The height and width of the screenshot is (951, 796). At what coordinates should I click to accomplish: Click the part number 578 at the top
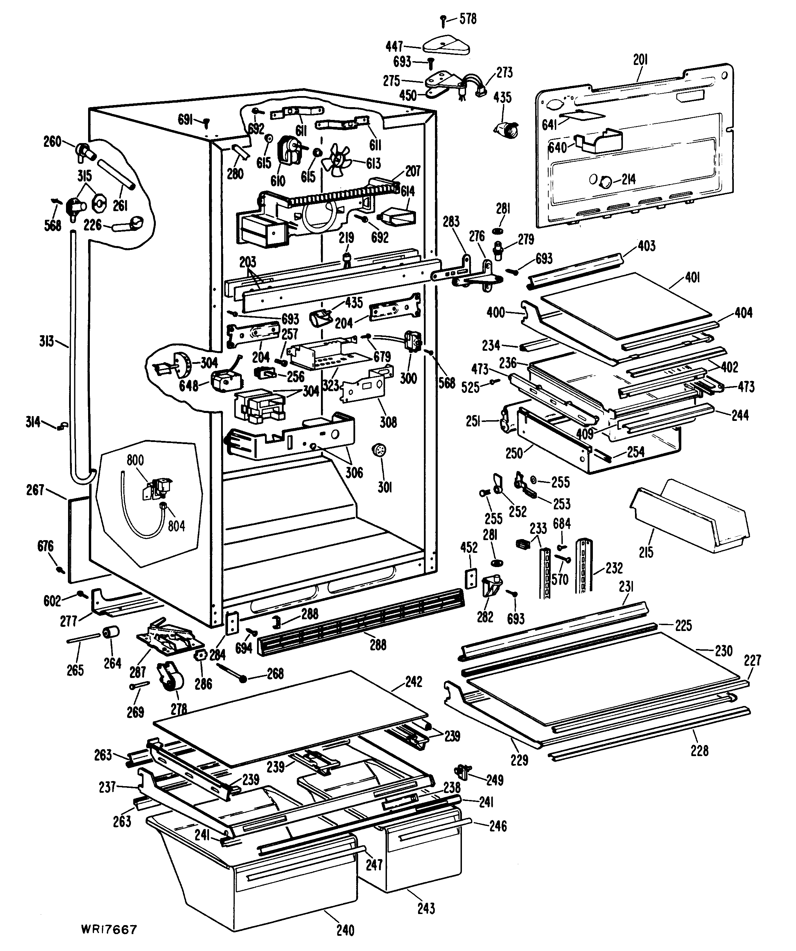click(468, 19)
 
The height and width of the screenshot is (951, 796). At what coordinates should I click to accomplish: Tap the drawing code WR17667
click(109, 930)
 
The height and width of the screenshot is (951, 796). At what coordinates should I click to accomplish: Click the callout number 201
click(640, 60)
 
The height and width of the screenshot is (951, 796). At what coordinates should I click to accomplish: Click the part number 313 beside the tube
click(47, 341)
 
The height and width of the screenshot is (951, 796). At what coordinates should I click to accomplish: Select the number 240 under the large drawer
click(345, 930)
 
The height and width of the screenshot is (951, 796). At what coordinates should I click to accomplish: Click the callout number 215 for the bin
click(646, 552)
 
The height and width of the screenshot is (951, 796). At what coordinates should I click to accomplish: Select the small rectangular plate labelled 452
click(471, 578)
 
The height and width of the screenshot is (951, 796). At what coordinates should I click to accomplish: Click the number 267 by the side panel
click(35, 490)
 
